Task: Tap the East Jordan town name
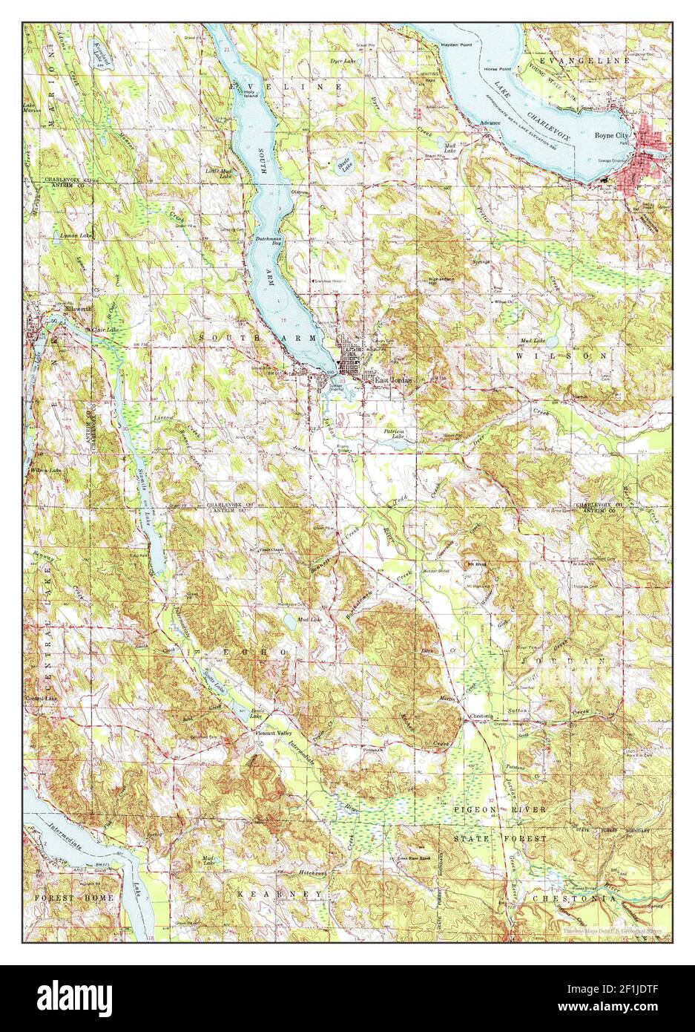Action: click(392, 380)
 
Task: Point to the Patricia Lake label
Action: click(398, 434)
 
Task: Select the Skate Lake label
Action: click(346, 166)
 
